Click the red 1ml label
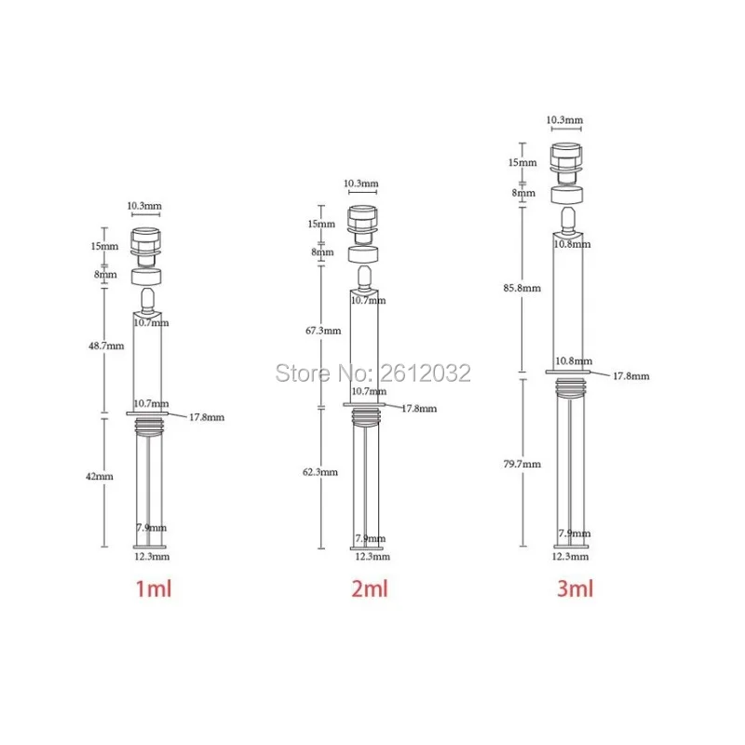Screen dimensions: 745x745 coord(154,589)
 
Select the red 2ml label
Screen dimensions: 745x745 coord(370,589)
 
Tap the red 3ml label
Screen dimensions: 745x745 coord(575,589)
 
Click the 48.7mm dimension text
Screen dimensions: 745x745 coord(106,345)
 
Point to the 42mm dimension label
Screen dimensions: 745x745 coord(100,476)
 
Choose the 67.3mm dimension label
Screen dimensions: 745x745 coord(323,331)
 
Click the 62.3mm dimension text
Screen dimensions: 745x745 coord(320,472)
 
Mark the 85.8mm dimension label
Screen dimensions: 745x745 coord(521,288)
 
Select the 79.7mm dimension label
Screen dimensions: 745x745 coord(521,464)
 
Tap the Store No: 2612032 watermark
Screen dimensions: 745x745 coord(373,373)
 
